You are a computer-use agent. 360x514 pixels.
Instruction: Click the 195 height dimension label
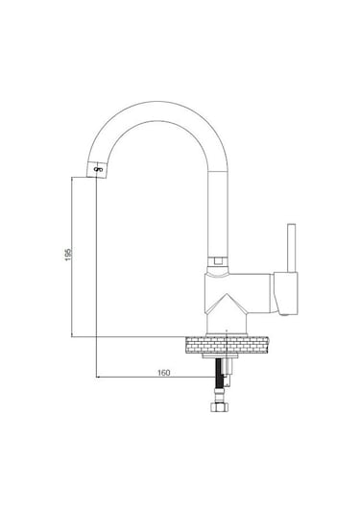point(68,254)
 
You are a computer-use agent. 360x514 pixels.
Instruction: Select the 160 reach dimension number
point(164,373)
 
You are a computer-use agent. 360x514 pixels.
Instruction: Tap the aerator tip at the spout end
point(97,169)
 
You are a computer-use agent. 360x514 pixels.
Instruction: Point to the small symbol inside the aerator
point(98,169)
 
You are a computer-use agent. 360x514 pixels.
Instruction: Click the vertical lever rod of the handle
point(291,248)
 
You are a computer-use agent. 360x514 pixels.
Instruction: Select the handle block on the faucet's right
point(286,293)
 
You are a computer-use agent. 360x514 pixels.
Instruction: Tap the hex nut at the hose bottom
point(220,407)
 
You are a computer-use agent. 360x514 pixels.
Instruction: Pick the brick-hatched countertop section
point(227,345)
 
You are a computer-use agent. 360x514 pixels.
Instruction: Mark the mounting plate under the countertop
point(220,355)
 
